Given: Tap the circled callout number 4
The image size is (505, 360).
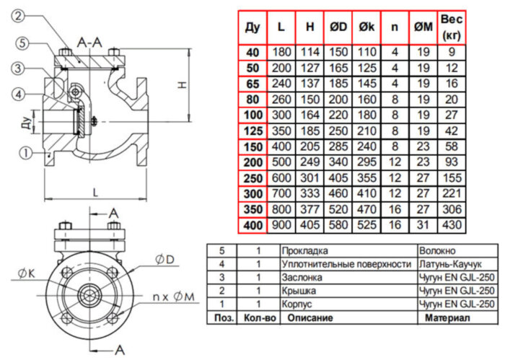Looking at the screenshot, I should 17,95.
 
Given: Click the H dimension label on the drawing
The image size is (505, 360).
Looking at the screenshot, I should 183,84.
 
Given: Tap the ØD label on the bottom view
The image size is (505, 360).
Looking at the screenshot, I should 164,259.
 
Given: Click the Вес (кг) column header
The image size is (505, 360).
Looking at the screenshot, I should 451,27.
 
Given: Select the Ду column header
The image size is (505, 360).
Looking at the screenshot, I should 252,27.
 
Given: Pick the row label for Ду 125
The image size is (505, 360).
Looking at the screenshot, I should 252,131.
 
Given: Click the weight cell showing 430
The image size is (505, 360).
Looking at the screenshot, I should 451,225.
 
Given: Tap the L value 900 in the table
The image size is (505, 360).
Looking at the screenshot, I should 281,225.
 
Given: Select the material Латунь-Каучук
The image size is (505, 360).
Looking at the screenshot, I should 448,264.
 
